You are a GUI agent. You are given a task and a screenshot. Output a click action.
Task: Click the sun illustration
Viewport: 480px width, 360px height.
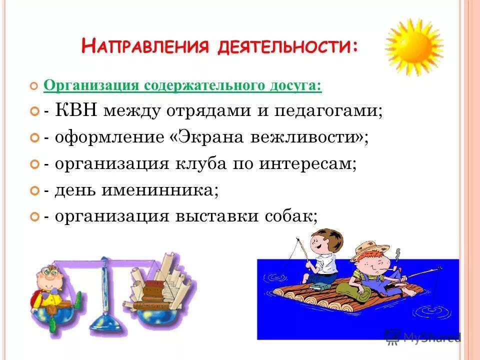(414, 47)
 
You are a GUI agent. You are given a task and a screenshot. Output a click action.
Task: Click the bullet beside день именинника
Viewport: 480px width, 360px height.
(34, 191)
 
